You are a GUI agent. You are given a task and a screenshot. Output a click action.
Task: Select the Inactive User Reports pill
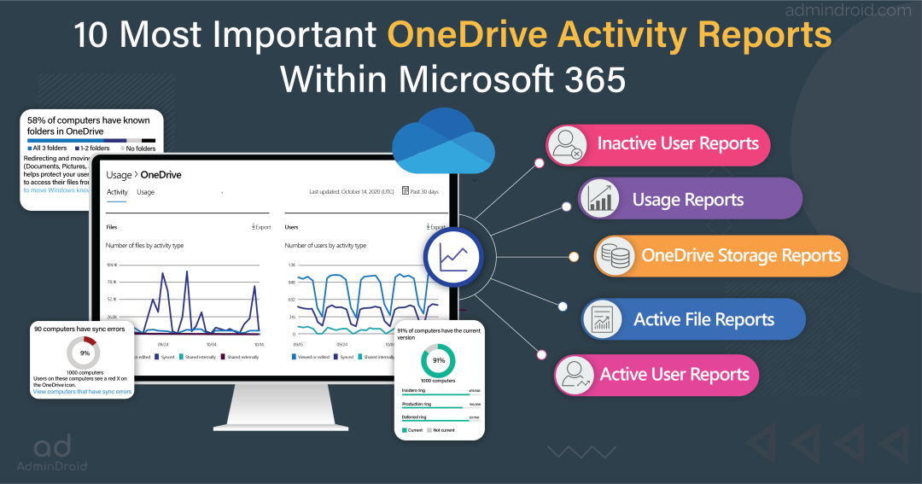(658, 143)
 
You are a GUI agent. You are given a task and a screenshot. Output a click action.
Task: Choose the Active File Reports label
(703, 320)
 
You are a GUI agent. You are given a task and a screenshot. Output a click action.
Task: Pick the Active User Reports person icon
(575, 375)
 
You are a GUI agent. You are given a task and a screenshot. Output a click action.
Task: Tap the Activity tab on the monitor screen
(117, 193)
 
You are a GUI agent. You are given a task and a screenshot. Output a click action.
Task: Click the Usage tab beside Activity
(146, 193)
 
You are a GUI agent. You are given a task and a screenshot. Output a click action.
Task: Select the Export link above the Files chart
(260, 227)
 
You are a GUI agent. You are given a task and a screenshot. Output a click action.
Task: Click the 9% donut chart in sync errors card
(84, 353)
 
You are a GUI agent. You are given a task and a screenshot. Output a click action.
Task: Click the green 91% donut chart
(438, 360)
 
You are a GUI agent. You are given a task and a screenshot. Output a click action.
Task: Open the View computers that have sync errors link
(83, 392)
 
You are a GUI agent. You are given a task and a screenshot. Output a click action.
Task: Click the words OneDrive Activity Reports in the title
(610, 36)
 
